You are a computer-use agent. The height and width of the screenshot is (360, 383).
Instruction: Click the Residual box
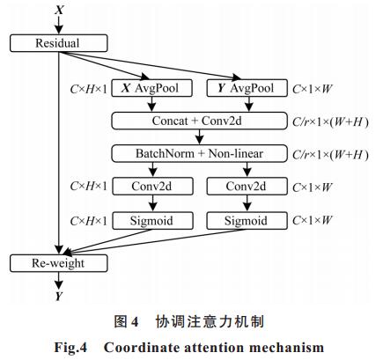(x=59, y=43)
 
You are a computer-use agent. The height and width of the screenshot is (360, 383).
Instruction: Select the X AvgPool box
(x=152, y=88)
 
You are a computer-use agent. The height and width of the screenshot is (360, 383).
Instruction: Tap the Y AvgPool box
(x=247, y=88)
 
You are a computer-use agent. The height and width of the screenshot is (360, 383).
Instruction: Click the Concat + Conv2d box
(x=200, y=121)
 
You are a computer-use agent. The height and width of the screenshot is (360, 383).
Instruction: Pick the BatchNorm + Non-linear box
(x=200, y=153)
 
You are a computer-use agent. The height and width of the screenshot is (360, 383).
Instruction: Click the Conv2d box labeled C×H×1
(x=153, y=186)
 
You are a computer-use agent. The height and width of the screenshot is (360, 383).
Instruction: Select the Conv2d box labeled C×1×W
(x=247, y=186)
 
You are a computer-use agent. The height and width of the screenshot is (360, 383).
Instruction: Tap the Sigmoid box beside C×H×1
(x=153, y=221)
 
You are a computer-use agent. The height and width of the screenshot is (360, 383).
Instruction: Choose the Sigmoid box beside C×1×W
(x=247, y=221)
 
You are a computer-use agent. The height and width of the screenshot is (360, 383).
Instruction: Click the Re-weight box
(x=59, y=263)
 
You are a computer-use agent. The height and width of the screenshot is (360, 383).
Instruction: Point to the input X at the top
(x=59, y=10)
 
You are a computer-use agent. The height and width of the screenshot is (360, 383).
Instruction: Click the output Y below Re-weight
(x=59, y=297)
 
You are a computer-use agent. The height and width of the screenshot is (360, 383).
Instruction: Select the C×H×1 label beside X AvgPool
(x=89, y=89)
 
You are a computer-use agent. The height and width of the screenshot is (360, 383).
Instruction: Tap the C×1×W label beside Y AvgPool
(x=313, y=89)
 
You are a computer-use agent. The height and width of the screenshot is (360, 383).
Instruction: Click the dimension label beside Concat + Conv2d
(x=330, y=121)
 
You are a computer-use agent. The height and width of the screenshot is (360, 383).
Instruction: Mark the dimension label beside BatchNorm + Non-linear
(x=330, y=155)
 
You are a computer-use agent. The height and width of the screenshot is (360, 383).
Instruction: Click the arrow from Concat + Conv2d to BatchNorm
(x=200, y=137)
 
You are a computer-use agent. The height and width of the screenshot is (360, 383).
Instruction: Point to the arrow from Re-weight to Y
(x=59, y=281)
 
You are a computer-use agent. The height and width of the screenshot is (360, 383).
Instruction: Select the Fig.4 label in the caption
(x=70, y=348)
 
